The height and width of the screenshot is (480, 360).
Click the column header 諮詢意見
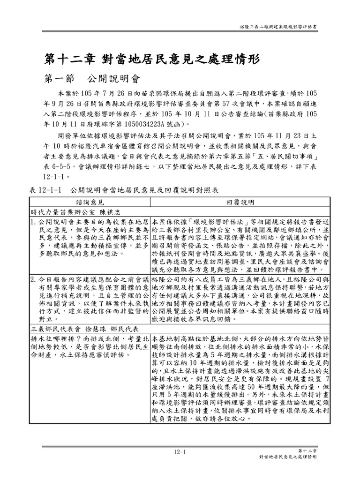[x=91, y=202]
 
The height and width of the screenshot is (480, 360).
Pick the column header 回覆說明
[x=240, y=202]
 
